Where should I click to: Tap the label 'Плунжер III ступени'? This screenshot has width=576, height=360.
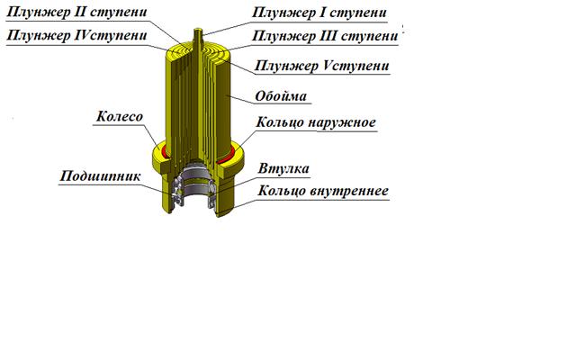[x=324, y=37]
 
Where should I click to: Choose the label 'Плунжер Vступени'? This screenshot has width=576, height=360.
[x=323, y=66]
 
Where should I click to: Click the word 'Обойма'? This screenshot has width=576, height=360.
[x=281, y=94]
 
